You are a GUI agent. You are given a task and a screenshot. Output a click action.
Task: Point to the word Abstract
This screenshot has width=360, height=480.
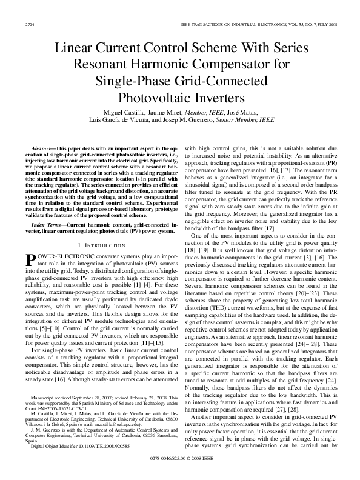pos(44,148)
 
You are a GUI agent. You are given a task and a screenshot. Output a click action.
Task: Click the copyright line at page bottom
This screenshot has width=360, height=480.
pos(180,468)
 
